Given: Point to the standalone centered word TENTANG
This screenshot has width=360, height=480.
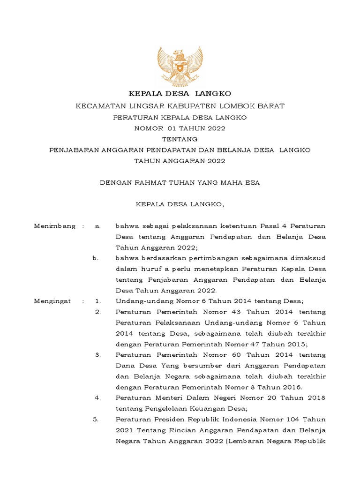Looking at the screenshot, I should click(x=180, y=139).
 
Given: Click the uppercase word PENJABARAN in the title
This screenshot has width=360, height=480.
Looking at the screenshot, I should click(x=73, y=150).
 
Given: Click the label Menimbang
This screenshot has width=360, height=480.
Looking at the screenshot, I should click(x=55, y=226).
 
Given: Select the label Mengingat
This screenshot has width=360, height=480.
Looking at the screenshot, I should click(x=52, y=301).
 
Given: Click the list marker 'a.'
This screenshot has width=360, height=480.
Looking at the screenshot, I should click(x=98, y=226).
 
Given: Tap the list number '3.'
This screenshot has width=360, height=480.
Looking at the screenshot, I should click(x=98, y=355).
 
